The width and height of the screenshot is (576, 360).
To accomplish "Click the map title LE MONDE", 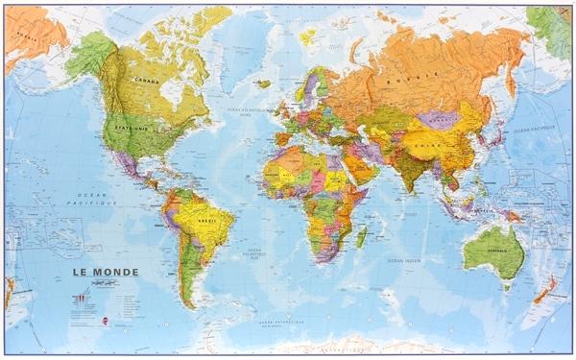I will (105, 273).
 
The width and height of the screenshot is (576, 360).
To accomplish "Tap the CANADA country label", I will (146, 81).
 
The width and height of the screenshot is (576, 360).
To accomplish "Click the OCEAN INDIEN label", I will (403, 261).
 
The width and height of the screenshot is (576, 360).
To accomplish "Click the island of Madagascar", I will (361, 236).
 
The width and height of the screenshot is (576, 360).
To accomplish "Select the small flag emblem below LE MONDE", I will (79, 298).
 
